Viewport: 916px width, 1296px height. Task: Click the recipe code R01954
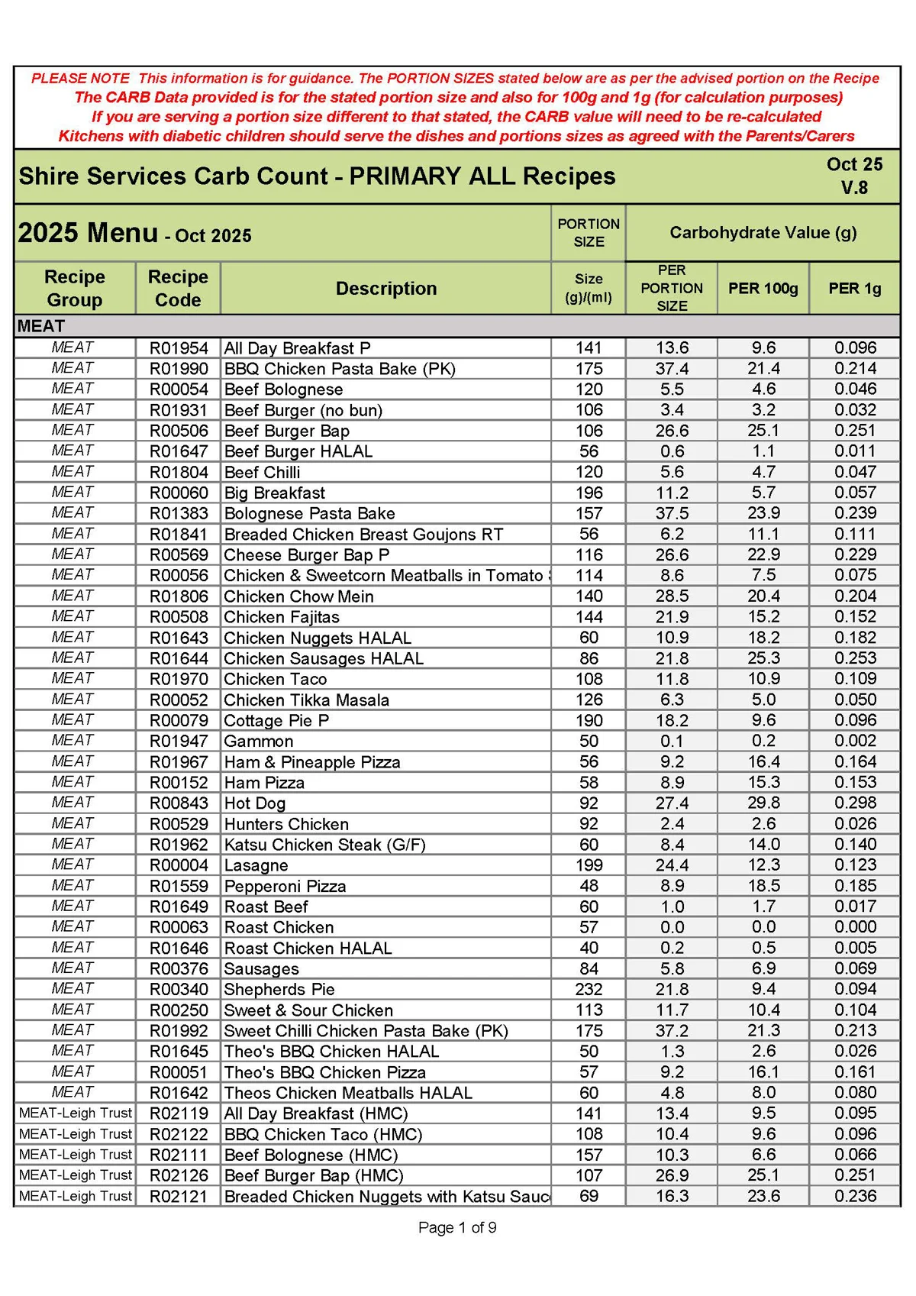click(179, 348)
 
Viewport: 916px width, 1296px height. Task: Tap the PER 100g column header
click(763, 289)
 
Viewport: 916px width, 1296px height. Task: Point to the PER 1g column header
click(854, 289)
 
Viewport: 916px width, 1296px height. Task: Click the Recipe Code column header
click(178, 288)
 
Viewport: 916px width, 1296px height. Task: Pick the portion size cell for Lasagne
click(589, 865)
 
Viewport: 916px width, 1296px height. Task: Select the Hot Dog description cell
click(255, 803)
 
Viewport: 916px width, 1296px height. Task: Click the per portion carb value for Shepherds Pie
click(672, 989)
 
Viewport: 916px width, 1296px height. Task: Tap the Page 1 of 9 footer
click(457, 1227)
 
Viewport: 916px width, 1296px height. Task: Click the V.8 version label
click(854, 187)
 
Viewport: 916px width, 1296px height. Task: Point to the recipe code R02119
click(179, 1113)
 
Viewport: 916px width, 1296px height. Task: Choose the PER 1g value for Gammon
click(855, 741)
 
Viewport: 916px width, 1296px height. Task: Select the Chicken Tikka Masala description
click(306, 700)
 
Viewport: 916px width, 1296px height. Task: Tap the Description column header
click(386, 289)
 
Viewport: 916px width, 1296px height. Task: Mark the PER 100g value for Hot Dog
click(763, 803)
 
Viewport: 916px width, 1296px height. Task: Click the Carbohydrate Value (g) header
click(763, 232)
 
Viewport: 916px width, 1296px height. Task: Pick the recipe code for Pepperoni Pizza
click(179, 886)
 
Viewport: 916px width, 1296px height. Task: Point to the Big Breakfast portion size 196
click(589, 493)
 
